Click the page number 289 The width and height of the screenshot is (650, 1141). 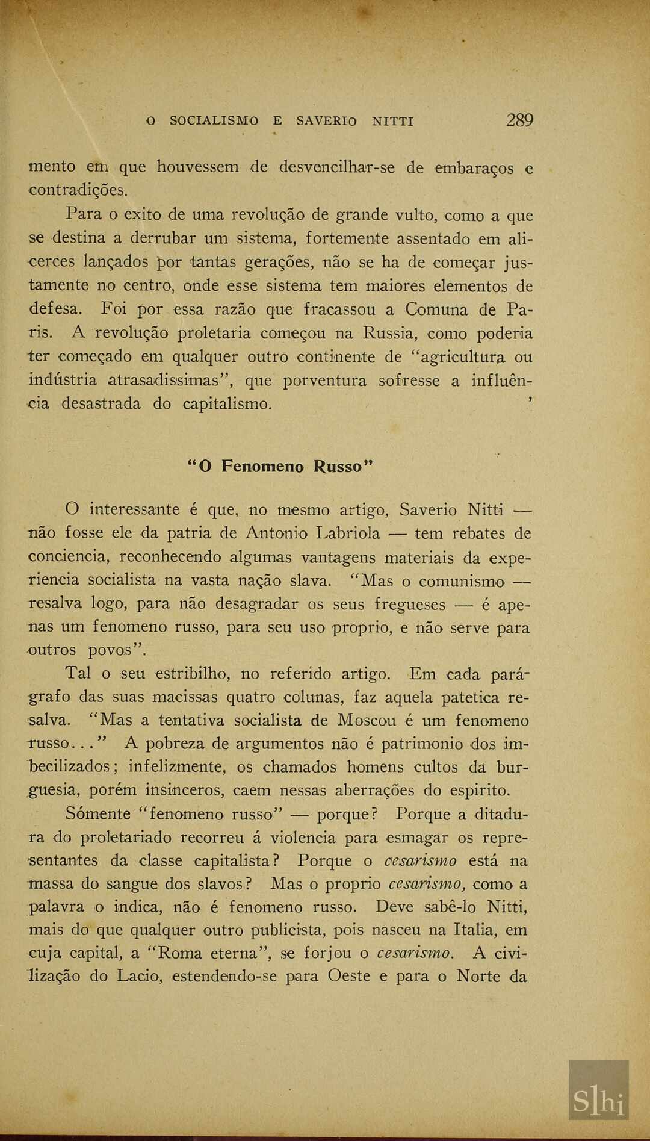point(519,120)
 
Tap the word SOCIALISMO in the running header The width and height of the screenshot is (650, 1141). point(214,121)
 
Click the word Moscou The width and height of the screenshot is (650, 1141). point(367,721)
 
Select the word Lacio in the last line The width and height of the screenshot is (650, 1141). point(140,976)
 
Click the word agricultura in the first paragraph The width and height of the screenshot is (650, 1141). point(462,357)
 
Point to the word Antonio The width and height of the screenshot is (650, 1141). point(276,533)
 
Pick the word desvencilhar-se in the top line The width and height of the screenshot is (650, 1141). point(337,167)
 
